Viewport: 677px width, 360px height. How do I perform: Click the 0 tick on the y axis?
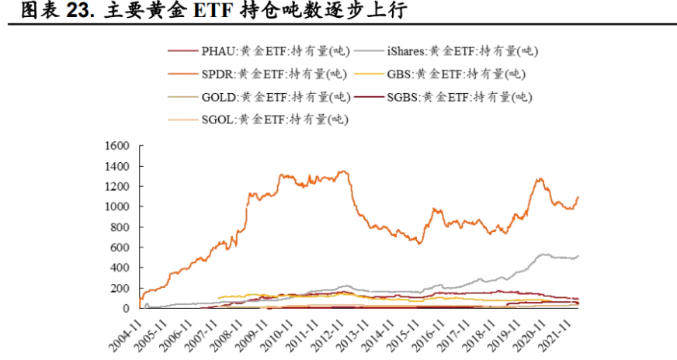coord(127,308)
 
